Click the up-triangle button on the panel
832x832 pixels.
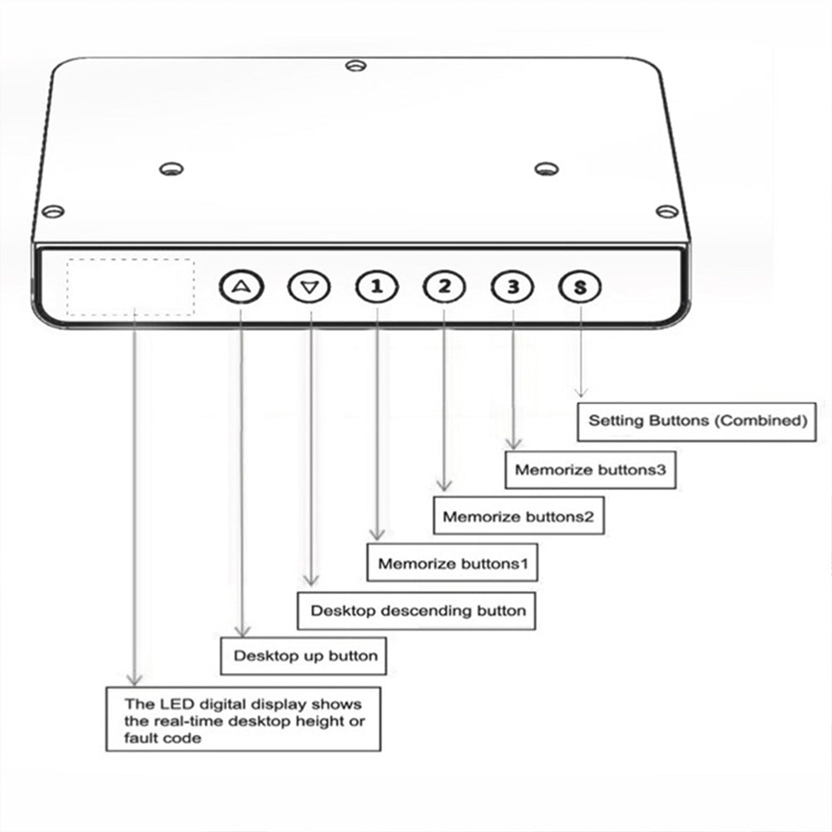[241, 287]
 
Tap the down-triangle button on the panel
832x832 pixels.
[310, 287]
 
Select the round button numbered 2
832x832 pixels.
[444, 287]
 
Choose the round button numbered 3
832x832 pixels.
[513, 287]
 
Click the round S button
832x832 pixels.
[580, 287]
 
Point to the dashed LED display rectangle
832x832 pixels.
[131, 287]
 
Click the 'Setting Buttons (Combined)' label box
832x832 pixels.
[696, 422]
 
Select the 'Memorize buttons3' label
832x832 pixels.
[591, 470]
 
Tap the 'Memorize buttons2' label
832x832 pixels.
[518, 516]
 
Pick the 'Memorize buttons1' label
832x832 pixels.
[452, 562]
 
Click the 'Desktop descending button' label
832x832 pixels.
[417, 612]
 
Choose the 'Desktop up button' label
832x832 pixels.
[304, 656]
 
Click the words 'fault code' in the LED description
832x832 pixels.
[163, 738]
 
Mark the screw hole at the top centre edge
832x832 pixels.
[355, 66]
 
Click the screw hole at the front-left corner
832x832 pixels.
[53, 211]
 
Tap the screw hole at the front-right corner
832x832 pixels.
[667, 211]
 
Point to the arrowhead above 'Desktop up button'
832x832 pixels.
[242, 631]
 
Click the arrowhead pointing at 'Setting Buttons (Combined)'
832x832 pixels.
[581, 394]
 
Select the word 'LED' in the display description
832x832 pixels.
[171, 704]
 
